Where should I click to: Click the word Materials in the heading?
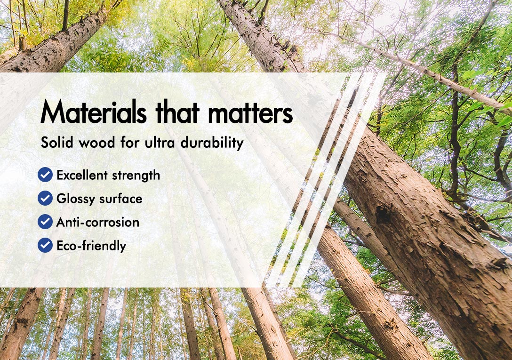94,112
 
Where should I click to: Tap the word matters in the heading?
250,112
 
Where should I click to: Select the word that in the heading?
177,112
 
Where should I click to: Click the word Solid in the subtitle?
57,143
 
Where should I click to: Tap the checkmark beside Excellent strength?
45,175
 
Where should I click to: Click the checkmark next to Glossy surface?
45,198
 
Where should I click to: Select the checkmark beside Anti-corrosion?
45,222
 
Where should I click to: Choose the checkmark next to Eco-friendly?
45,245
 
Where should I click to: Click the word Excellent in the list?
82,175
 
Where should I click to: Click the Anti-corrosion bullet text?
98,222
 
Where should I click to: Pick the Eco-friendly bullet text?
91,246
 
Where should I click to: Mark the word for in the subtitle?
130,143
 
